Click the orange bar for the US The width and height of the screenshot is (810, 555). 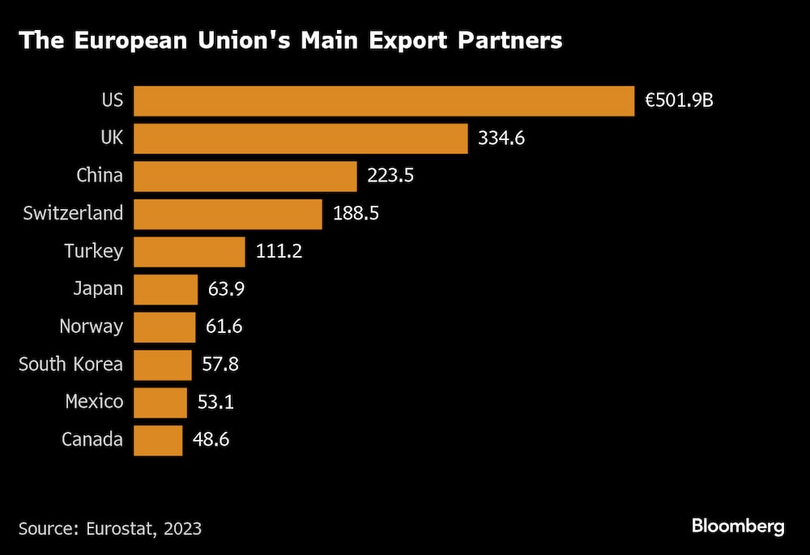pyautogui.click(x=383, y=101)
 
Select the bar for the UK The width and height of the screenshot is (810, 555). pyautogui.click(x=301, y=139)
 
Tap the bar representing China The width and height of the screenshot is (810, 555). pyautogui.click(x=245, y=176)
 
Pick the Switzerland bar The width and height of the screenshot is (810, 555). pyautogui.click(x=228, y=214)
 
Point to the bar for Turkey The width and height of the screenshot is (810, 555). pyautogui.click(x=189, y=251)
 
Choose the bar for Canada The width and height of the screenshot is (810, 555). pyautogui.click(x=158, y=440)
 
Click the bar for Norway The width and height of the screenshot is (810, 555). pyautogui.click(x=164, y=327)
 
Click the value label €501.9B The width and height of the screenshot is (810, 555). pyautogui.click(x=679, y=101)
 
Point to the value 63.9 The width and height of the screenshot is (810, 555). pyautogui.click(x=225, y=289)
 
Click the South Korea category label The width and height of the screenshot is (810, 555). pyautogui.click(x=70, y=365)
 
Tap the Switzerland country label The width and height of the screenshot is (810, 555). pyautogui.click(x=73, y=214)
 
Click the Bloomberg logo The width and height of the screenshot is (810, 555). pyautogui.click(x=737, y=527)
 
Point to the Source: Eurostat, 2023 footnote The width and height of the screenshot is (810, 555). pyautogui.click(x=110, y=528)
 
